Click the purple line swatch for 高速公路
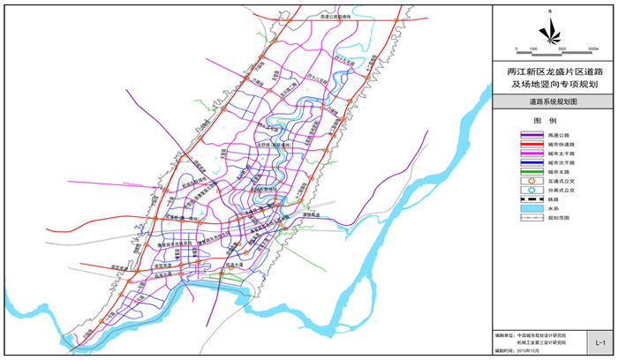519,135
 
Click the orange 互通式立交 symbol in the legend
519,183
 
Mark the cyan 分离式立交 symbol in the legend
519,192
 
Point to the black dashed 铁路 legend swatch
519,202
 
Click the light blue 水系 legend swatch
519,211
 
